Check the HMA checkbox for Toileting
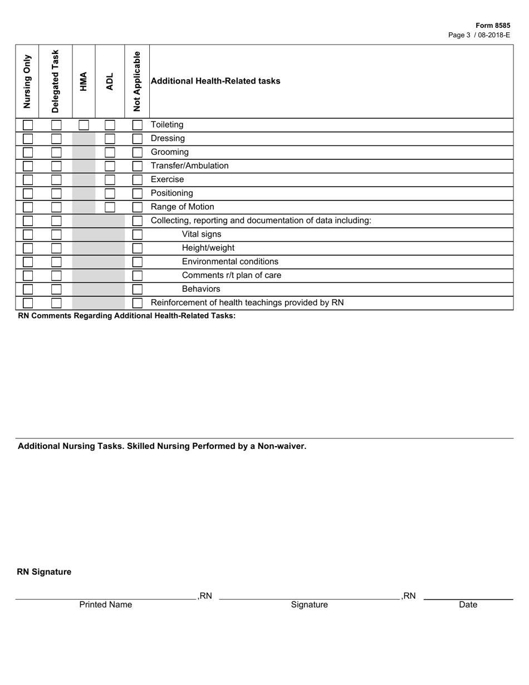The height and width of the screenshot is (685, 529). [84, 125]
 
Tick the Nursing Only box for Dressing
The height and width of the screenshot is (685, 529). [27, 139]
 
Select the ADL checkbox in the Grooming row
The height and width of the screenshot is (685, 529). [110, 153]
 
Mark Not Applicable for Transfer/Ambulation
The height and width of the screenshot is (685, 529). [137, 166]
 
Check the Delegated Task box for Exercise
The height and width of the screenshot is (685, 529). [56, 180]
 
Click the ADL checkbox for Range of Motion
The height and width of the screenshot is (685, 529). [110, 207]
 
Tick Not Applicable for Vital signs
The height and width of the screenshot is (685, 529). [137, 234]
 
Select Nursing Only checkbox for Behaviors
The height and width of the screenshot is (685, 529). [27, 289]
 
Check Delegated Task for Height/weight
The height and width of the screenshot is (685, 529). [56, 248]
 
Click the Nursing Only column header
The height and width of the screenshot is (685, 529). [27, 81]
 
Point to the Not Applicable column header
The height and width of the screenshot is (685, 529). [137, 81]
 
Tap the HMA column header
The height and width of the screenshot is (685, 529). [84, 81]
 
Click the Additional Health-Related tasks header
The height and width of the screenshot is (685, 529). [215, 81]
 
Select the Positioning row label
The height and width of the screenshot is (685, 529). [172, 193]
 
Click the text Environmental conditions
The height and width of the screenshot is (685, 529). [230, 262]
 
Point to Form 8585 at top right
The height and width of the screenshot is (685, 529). [493, 26]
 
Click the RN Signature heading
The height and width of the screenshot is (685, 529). [44, 572]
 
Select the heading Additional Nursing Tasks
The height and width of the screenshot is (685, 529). [162, 446]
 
